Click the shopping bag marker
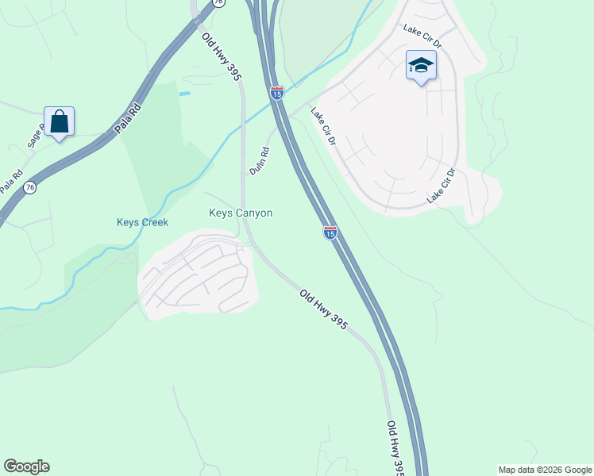pos(59,122)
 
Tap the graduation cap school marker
pos(421,66)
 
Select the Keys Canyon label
pos(241,213)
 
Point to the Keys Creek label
pos(142,222)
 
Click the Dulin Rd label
pos(260,159)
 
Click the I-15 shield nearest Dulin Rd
pos(276,93)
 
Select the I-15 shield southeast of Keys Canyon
pos(330,232)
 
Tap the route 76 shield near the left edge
pos(29,187)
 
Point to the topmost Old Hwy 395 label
pos(222,57)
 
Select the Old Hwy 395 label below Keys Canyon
pos(324,310)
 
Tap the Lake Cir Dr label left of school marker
pos(420,31)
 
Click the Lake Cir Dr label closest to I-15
pos(324,127)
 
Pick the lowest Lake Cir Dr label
pos(441,186)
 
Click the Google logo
pos(26,466)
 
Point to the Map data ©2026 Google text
pos(544,470)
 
